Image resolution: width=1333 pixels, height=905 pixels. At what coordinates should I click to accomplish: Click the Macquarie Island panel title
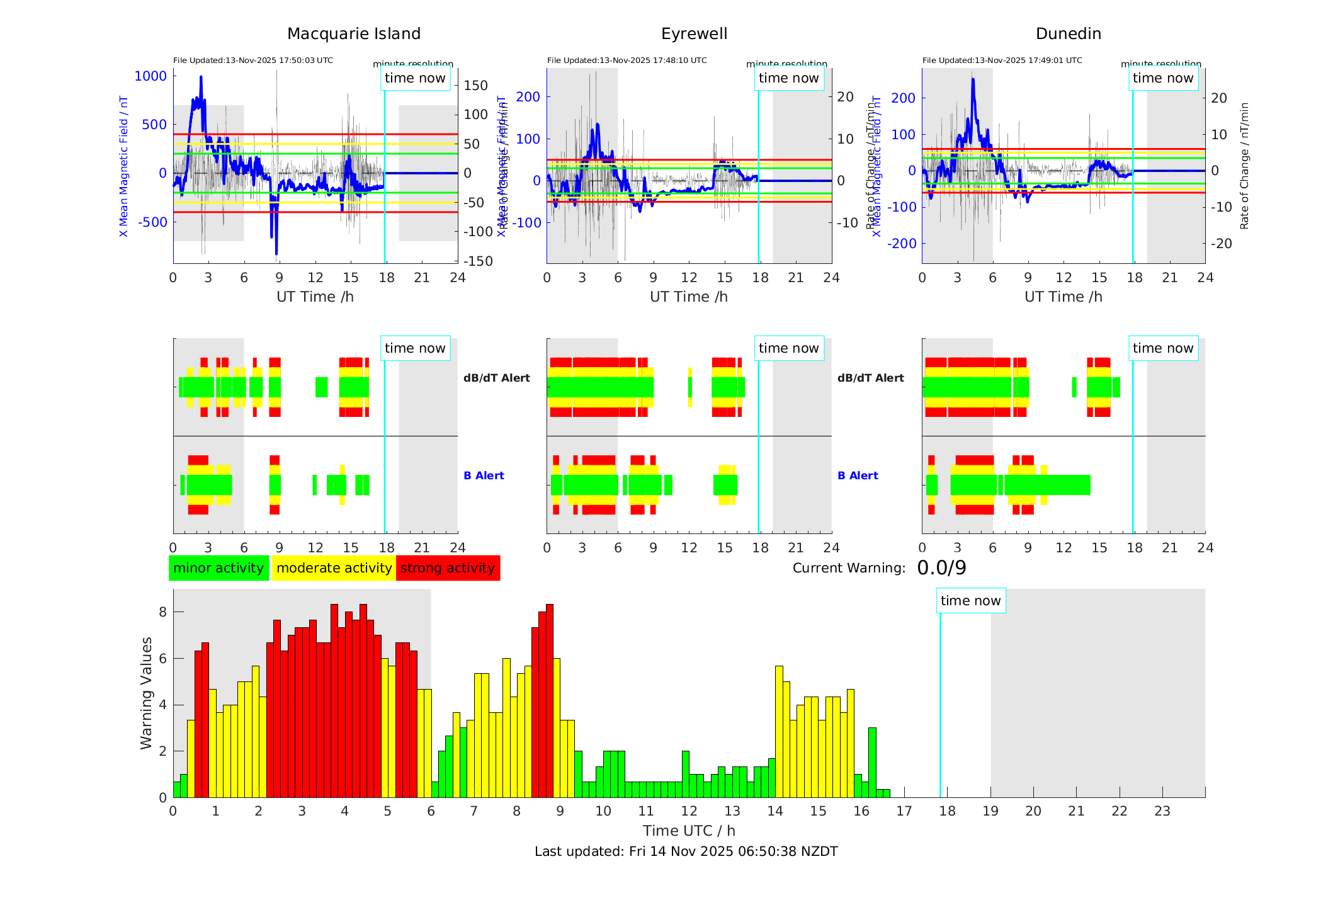(x=354, y=34)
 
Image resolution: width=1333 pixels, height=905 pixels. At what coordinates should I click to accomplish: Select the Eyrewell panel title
(x=694, y=34)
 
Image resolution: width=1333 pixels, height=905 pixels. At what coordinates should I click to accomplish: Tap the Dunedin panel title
(x=1068, y=34)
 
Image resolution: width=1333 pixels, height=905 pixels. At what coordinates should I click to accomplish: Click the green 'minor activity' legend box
(x=218, y=568)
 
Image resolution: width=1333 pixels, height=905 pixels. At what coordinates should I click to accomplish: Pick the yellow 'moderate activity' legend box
(x=334, y=568)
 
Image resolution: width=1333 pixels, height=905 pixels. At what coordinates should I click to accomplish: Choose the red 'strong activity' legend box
(x=448, y=568)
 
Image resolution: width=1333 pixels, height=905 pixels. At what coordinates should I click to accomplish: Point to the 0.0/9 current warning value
(x=941, y=568)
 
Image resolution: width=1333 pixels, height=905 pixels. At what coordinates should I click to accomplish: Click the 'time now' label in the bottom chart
(x=970, y=601)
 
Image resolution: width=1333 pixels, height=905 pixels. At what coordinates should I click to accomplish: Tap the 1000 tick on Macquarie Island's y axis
(x=151, y=76)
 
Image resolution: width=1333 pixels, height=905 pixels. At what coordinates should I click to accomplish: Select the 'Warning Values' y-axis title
(x=146, y=693)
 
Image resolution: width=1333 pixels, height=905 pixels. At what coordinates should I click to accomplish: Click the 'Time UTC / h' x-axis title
(x=689, y=831)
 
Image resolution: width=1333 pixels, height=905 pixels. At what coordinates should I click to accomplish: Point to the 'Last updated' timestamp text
(x=686, y=851)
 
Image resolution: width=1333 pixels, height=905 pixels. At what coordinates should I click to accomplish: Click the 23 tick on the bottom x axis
(x=1162, y=811)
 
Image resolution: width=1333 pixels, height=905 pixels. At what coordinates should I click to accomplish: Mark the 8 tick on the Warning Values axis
(x=162, y=612)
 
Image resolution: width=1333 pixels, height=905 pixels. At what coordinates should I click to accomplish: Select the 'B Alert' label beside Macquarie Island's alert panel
(x=484, y=475)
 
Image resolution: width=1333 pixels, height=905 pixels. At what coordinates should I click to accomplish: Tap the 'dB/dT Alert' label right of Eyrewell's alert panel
(x=870, y=378)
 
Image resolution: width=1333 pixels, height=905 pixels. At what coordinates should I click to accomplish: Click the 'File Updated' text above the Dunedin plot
(x=1002, y=60)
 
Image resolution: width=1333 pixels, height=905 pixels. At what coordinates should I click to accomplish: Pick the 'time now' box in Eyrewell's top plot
(x=788, y=78)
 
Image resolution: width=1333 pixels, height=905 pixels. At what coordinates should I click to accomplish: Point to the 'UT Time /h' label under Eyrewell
(x=689, y=297)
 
